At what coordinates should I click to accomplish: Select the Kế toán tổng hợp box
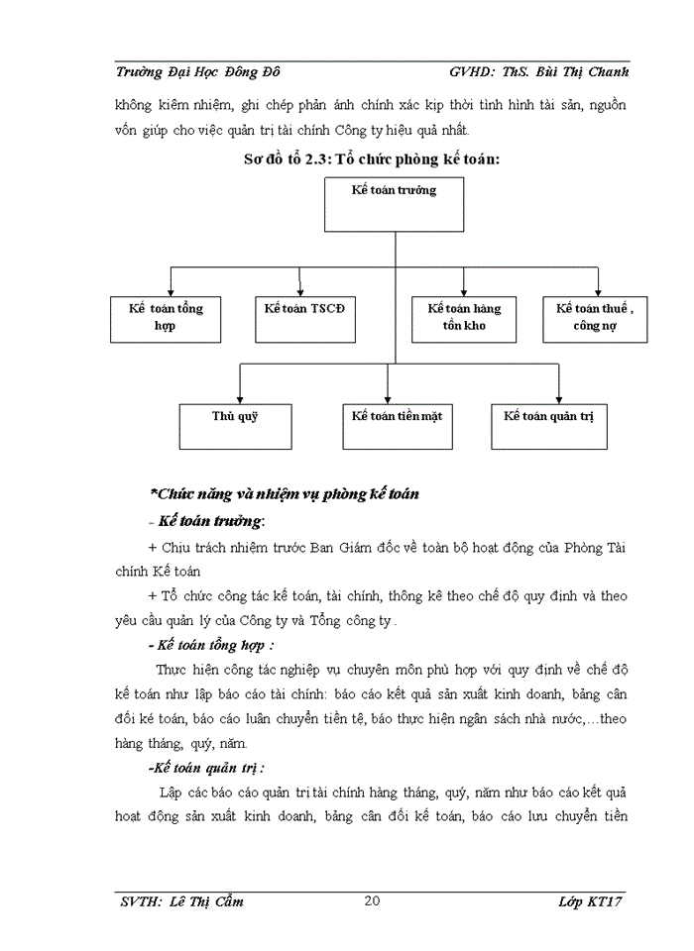click(x=166, y=318)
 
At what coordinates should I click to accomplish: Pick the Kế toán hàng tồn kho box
click(x=464, y=318)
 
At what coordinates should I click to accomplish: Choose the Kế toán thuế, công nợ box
click(x=595, y=318)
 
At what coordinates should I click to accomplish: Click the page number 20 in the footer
click(x=373, y=900)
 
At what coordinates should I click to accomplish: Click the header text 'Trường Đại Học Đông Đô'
click(x=198, y=71)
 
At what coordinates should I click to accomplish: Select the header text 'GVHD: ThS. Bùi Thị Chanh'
click(x=538, y=71)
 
